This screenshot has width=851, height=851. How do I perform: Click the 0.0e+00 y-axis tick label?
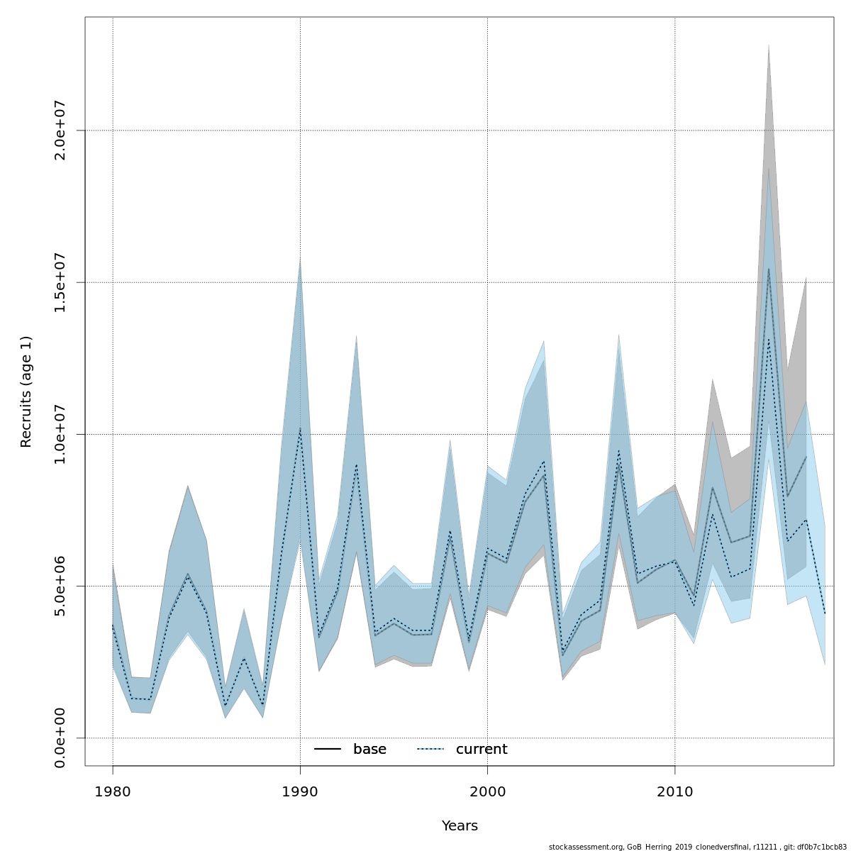coord(60,738)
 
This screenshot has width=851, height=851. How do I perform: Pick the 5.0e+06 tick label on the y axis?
coord(60,586)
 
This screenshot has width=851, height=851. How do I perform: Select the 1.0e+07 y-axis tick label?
coord(60,434)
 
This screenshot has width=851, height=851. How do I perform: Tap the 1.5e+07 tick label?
coord(60,282)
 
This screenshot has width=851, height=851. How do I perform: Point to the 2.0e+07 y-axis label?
coord(60,130)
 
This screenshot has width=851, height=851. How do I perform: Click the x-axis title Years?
coord(460,826)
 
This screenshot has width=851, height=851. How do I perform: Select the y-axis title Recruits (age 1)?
coord(26,391)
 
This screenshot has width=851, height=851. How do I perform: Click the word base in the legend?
coord(369,750)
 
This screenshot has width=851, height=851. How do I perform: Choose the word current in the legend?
coord(482,750)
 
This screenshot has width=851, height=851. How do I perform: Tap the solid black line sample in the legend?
coord(328,750)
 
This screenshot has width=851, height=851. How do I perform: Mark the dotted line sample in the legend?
coord(430,750)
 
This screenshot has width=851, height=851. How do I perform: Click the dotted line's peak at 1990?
coord(300,429)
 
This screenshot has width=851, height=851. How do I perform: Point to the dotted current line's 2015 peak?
coord(768,339)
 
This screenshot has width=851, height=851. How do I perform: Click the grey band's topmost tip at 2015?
coord(768,45)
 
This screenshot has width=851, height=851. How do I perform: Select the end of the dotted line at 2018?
coord(825,613)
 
